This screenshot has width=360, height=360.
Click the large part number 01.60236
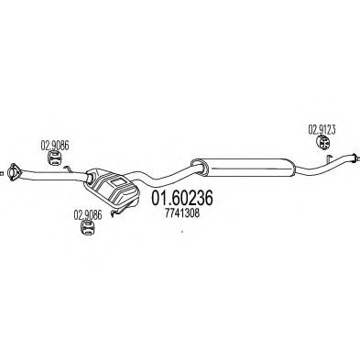(x=181, y=198)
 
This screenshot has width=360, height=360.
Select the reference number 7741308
(x=182, y=213)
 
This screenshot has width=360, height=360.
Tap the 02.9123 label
(x=322, y=130)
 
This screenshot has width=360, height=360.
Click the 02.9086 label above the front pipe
(x=55, y=146)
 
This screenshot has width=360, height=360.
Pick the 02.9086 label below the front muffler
(x=88, y=215)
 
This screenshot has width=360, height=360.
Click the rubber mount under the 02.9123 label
(x=322, y=143)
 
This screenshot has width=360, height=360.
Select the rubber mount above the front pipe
(x=55, y=158)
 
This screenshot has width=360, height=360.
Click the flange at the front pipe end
(x=14, y=172)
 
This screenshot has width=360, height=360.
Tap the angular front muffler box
(x=112, y=186)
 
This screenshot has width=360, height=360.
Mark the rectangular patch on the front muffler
(x=117, y=183)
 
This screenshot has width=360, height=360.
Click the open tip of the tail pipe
(x=355, y=157)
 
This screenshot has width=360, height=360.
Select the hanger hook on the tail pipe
(x=329, y=159)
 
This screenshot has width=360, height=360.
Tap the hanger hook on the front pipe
(x=68, y=168)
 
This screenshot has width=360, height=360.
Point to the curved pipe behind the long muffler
(x=323, y=166)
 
